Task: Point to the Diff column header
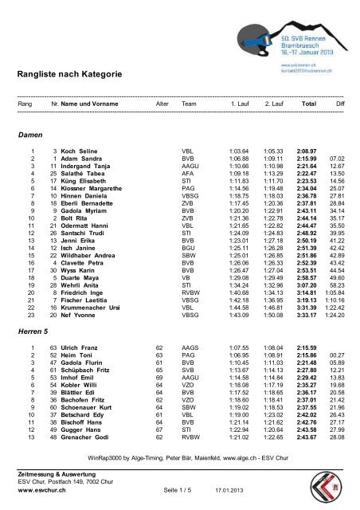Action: click(x=340, y=104)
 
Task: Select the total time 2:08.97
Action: click(x=307, y=151)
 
